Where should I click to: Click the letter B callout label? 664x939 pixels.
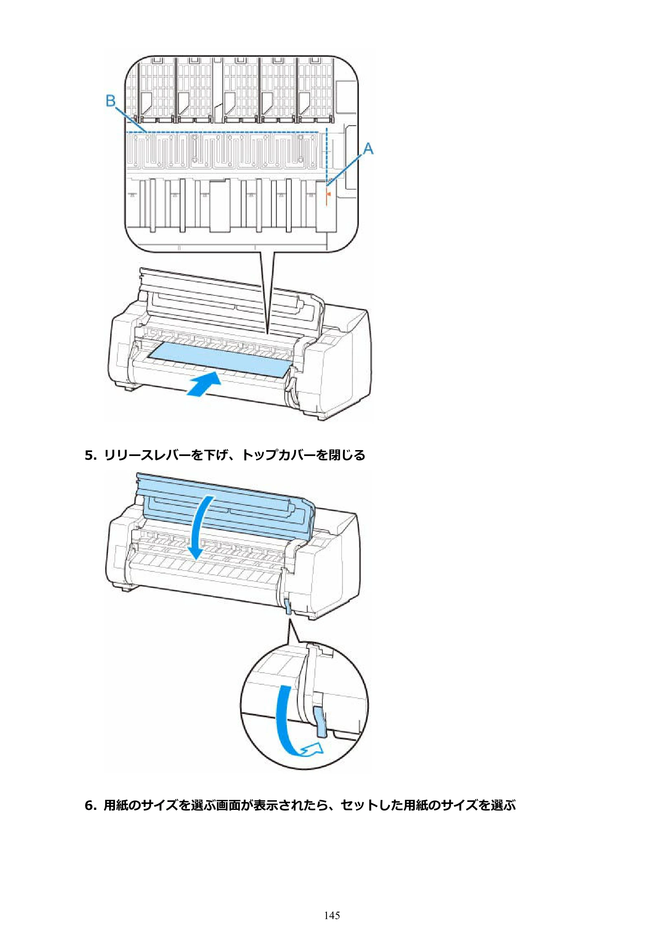point(111,100)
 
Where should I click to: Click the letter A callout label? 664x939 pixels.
point(368,148)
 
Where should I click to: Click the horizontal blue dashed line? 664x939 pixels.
point(222,132)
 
